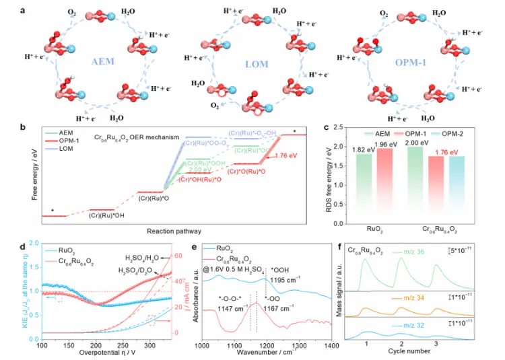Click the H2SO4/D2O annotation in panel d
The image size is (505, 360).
pos(141,270)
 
